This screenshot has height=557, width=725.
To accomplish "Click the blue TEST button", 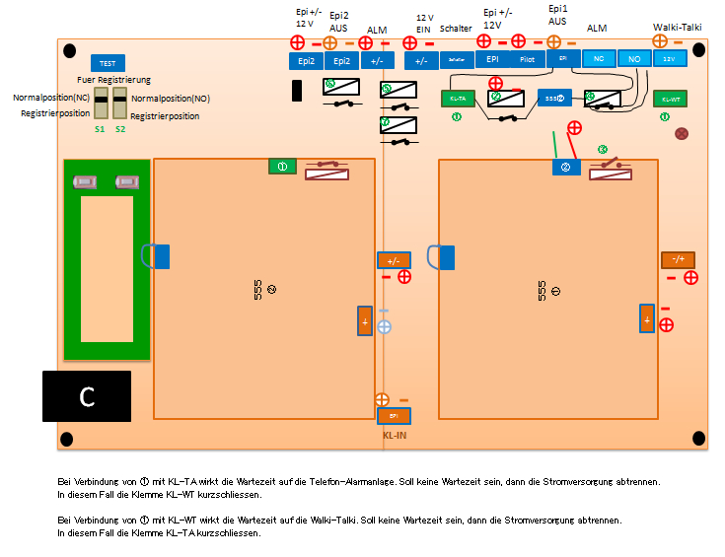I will pyautogui.click(x=108, y=62).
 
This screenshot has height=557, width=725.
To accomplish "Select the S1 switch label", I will pyautogui.click(x=100, y=129).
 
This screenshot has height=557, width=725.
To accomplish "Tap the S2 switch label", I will pyautogui.click(x=120, y=129).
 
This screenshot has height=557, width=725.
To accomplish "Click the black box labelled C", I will pyautogui.click(x=87, y=396).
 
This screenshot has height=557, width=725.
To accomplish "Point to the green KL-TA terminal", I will pyautogui.click(x=457, y=99).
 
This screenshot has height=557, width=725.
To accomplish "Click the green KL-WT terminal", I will pyautogui.click(x=671, y=99).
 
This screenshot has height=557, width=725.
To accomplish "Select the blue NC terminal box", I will pyautogui.click(x=598, y=59).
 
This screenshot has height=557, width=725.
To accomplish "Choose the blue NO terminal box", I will pyautogui.click(x=634, y=59).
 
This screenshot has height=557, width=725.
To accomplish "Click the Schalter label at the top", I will pyautogui.click(x=456, y=30).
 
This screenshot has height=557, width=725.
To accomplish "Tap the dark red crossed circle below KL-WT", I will pyautogui.click(x=681, y=132).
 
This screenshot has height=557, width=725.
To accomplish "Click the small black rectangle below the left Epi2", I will pyautogui.click(x=297, y=90).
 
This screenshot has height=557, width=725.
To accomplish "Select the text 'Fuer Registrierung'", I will pyautogui.click(x=113, y=80).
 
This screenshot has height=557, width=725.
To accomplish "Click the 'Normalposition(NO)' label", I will pyautogui.click(x=171, y=99).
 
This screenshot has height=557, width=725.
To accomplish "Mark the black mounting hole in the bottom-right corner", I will pyautogui.click(x=698, y=438).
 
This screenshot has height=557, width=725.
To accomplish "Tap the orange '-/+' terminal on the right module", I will pyautogui.click(x=678, y=259).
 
